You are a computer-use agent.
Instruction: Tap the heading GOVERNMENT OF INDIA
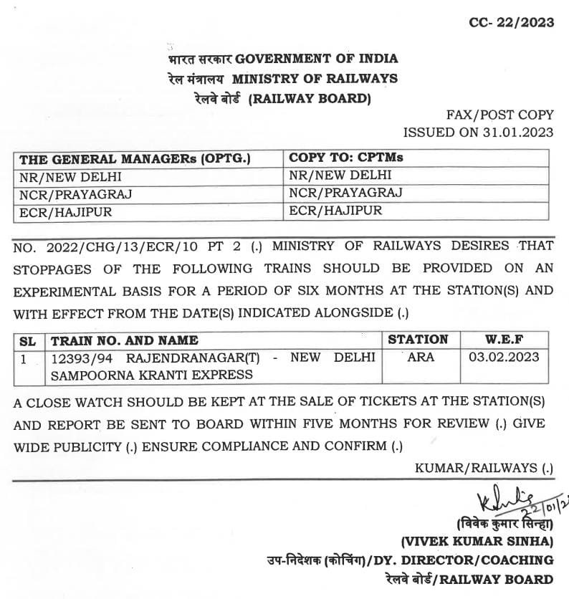[317, 59]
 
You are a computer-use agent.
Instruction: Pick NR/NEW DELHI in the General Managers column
[71, 176]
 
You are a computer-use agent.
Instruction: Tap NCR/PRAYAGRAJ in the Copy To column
[345, 193]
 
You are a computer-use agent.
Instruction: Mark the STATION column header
[418, 340]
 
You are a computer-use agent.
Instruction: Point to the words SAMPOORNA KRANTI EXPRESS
[150, 375]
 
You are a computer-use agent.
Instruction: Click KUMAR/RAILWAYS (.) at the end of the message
[484, 468]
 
